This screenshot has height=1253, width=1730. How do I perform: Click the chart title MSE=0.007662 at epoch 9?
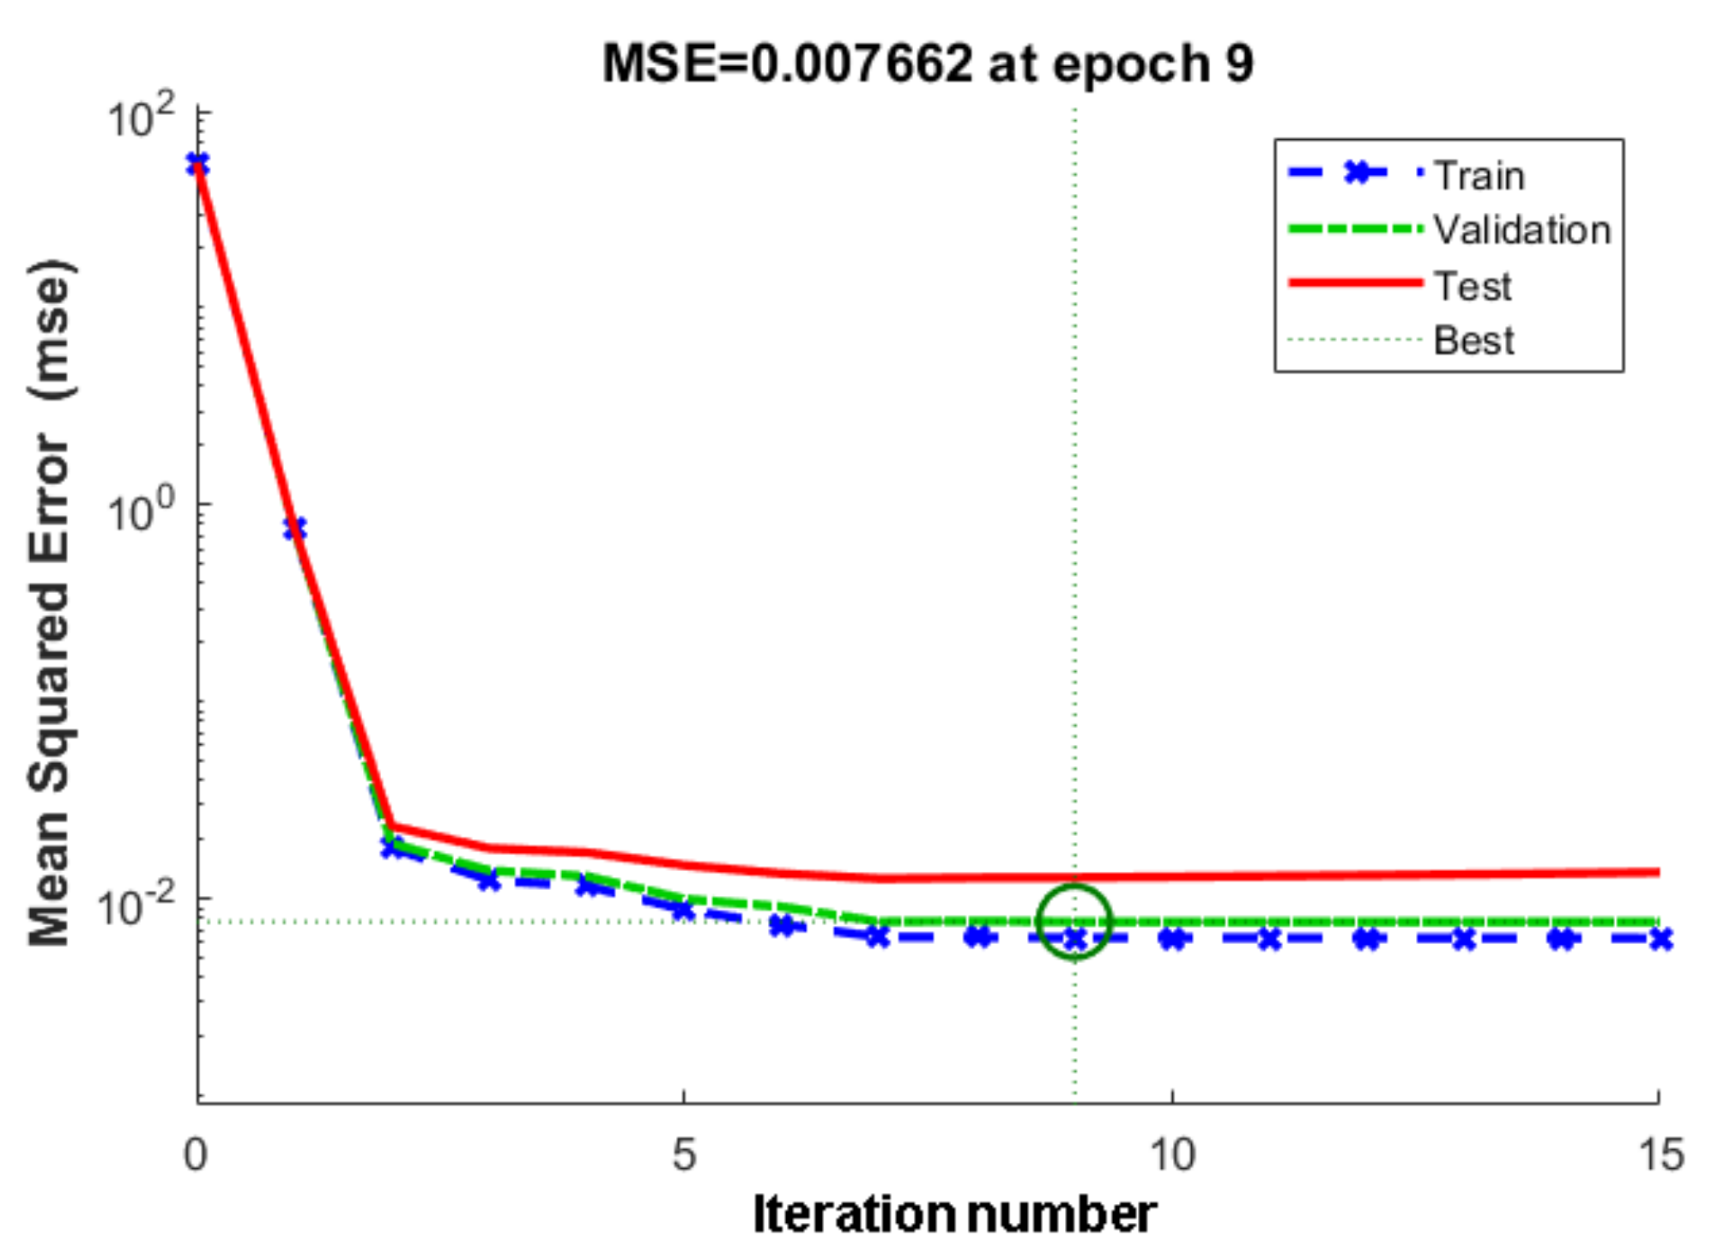[x=927, y=64]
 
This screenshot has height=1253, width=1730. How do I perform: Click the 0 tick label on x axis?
[x=196, y=1155]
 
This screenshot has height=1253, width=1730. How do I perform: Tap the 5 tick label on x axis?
[x=683, y=1155]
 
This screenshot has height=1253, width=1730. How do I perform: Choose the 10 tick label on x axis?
[x=1171, y=1155]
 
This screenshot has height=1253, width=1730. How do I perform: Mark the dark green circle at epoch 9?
[x=1074, y=922]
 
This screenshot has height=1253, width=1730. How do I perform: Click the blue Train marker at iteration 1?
[x=295, y=529]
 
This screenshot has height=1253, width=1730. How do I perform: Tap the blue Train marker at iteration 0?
[x=198, y=164]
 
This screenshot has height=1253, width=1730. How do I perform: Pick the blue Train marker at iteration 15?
[x=1660, y=940]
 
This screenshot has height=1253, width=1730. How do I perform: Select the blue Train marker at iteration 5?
[x=683, y=910]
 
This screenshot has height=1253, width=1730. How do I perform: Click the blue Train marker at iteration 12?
[x=1368, y=939]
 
